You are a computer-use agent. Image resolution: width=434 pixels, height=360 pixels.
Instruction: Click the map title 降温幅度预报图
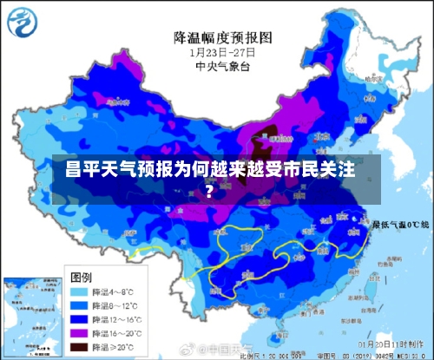[223, 37]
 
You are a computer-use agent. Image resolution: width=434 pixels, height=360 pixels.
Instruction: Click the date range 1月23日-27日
[223, 52]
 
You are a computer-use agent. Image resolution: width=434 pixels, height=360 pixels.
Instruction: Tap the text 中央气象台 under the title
[223, 65]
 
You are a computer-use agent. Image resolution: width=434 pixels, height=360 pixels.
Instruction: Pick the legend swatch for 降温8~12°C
[82, 305]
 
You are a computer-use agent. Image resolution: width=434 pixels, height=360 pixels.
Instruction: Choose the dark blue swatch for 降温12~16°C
[82, 318]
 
